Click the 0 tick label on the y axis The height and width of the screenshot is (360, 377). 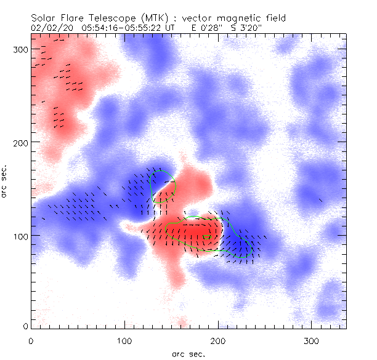coord(25,326)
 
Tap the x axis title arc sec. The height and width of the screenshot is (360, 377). coord(188,353)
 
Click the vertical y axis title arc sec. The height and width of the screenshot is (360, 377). coord(6,182)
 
